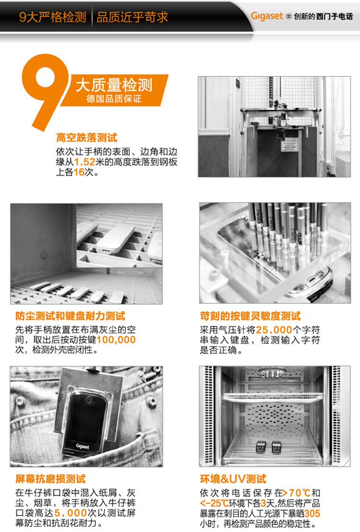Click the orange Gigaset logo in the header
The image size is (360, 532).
[266, 16]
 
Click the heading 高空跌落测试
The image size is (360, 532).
[86, 137]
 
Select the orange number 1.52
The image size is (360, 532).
[84, 162]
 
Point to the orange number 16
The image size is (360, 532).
[79, 172]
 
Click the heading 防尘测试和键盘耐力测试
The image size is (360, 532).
[70, 316]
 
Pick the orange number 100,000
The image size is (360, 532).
[116, 340]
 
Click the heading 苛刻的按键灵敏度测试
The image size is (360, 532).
[250, 316]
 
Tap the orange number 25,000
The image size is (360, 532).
[274, 330]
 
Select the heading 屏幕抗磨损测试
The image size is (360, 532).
[50, 479]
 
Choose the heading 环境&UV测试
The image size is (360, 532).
[233, 479]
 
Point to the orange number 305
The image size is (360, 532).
[312, 513]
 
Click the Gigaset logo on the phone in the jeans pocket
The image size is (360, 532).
[83, 446]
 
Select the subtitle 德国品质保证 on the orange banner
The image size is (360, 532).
[114, 99]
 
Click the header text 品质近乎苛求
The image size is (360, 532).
[132, 17]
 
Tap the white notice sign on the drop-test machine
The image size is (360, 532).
[290, 144]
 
